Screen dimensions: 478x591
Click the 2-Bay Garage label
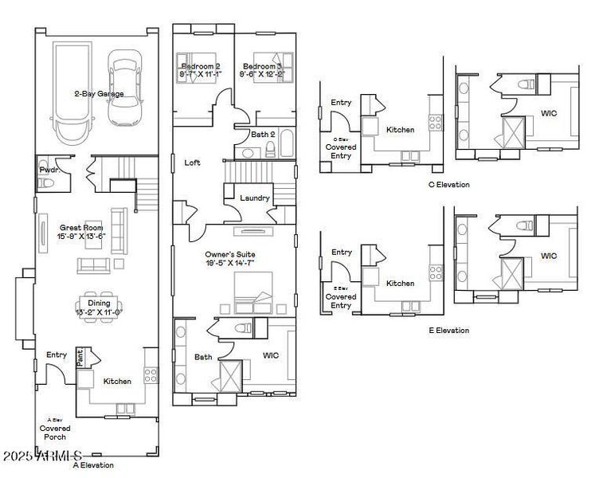coord(99,92)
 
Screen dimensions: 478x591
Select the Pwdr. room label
coord(48,170)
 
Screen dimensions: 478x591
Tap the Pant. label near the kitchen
coord(80,357)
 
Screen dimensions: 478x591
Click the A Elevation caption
coord(93,465)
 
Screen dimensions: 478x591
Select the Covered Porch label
coord(55,433)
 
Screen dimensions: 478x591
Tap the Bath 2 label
coord(263,135)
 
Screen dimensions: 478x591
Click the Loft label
coord(192,163)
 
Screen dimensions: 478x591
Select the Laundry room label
coord(255,198)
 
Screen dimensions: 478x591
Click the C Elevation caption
coord(449,185)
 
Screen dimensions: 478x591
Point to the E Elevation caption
coord(448,330)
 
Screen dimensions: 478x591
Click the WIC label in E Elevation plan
coord(549,256)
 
